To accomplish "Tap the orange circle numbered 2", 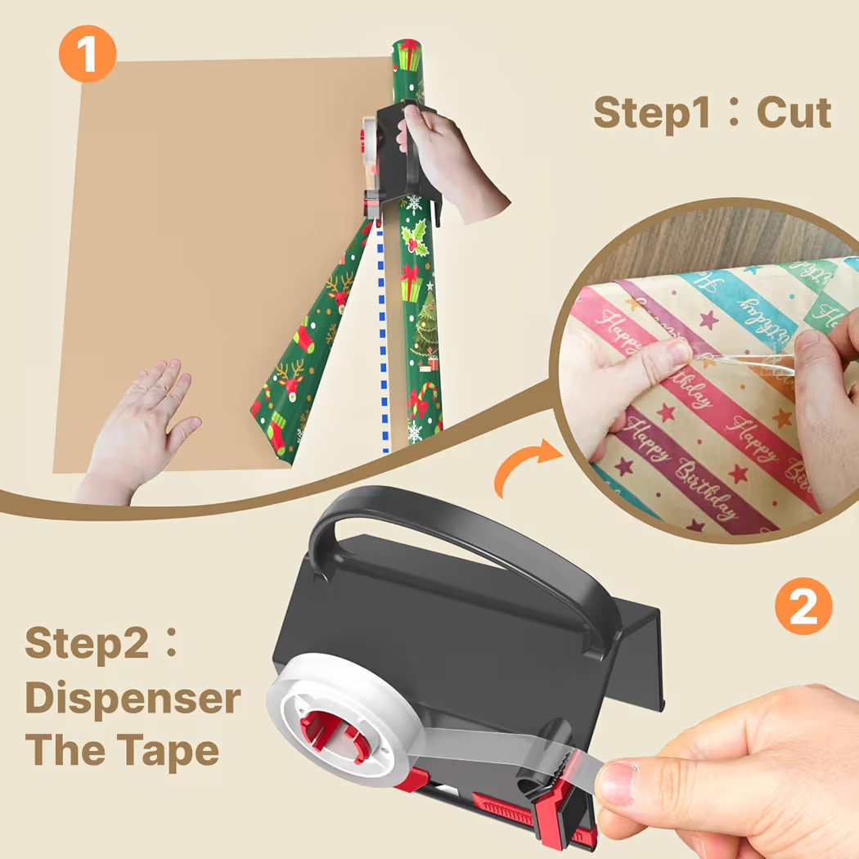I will [x=803, y=605].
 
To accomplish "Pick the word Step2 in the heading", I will [x=88, y=644].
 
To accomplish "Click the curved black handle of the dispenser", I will [x=458, y=532].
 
